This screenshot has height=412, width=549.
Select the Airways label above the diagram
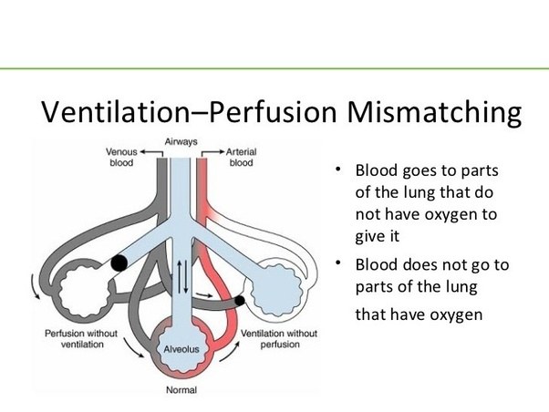pos(181,141)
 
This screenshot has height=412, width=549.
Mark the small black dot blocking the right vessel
pos(239,299)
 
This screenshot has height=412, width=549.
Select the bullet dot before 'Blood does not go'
pos(337,264)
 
